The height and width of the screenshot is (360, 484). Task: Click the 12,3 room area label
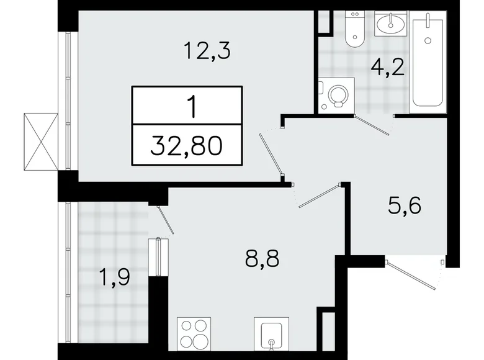tap(207, 51)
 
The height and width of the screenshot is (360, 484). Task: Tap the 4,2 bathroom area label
tap(388, 68)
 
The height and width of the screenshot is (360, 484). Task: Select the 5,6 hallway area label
tap(405, 205)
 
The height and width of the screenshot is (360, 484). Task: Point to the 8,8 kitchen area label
tap(262, 258)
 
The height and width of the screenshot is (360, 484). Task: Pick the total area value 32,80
tap(186, 146)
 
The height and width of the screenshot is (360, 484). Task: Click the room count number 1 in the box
tap(193, 107)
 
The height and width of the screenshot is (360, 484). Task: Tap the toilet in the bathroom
tap(354, 29)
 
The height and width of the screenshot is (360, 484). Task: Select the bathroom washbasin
tap(391, 24)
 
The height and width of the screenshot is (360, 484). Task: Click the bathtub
tap(428, 61)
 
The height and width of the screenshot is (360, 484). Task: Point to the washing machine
tap(336, 96)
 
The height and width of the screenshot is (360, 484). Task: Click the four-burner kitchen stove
tap(194, 334)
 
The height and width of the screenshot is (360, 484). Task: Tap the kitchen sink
tap(271, 334)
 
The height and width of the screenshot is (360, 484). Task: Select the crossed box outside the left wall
tap(41, 142)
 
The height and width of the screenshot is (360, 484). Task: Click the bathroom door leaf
tap(372, 125)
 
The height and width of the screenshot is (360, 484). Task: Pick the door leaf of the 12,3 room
tap(271, 155)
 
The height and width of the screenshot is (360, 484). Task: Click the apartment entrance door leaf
tap(411, 276)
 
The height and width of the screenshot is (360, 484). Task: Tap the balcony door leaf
tap(166, 220)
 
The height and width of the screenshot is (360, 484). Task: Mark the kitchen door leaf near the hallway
tap(320, 196)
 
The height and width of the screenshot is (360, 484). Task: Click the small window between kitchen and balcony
tap(158, 257)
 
